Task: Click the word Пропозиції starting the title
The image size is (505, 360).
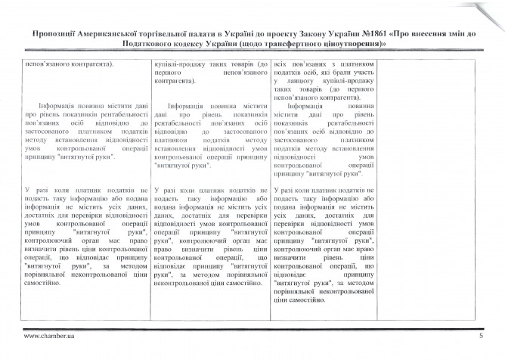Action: [x=54, y=34]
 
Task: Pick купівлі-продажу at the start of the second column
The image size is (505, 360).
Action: [x=180, y=64]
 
